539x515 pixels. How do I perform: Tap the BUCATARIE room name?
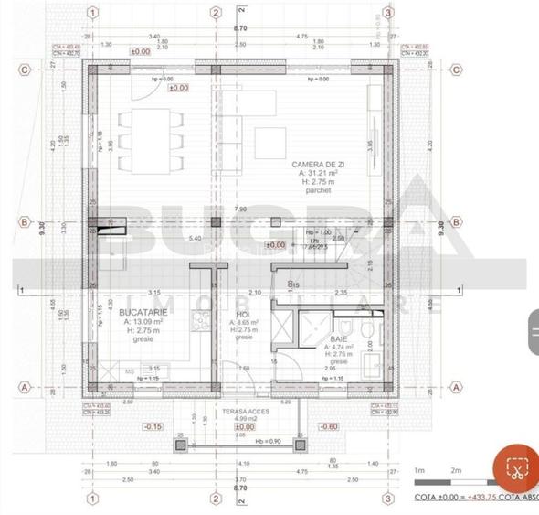coord(135,312)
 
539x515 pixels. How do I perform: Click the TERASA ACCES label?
coord(244,413)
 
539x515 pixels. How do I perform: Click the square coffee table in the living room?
coord(269,139)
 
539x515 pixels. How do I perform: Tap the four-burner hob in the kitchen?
coord(198,319)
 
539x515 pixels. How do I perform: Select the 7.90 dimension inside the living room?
coord(240,209)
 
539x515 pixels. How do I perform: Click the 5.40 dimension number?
coord(195,239)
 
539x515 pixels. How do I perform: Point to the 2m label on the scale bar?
coord(456,470)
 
